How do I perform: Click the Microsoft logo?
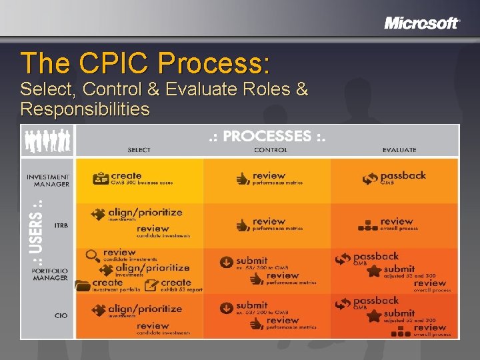(x=422, y=23)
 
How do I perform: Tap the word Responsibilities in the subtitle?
(x=85, y=108)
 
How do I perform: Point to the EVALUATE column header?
(x=400, y=150)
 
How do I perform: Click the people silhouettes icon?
(x=47, y=140)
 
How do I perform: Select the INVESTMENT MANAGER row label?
(x=48, y=181)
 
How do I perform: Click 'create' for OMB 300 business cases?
(x=127, y=176)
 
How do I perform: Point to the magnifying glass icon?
(x=93, y=255)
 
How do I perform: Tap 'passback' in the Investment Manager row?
(x=403, y=176)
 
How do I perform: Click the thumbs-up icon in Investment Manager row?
(x=243, y=179)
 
